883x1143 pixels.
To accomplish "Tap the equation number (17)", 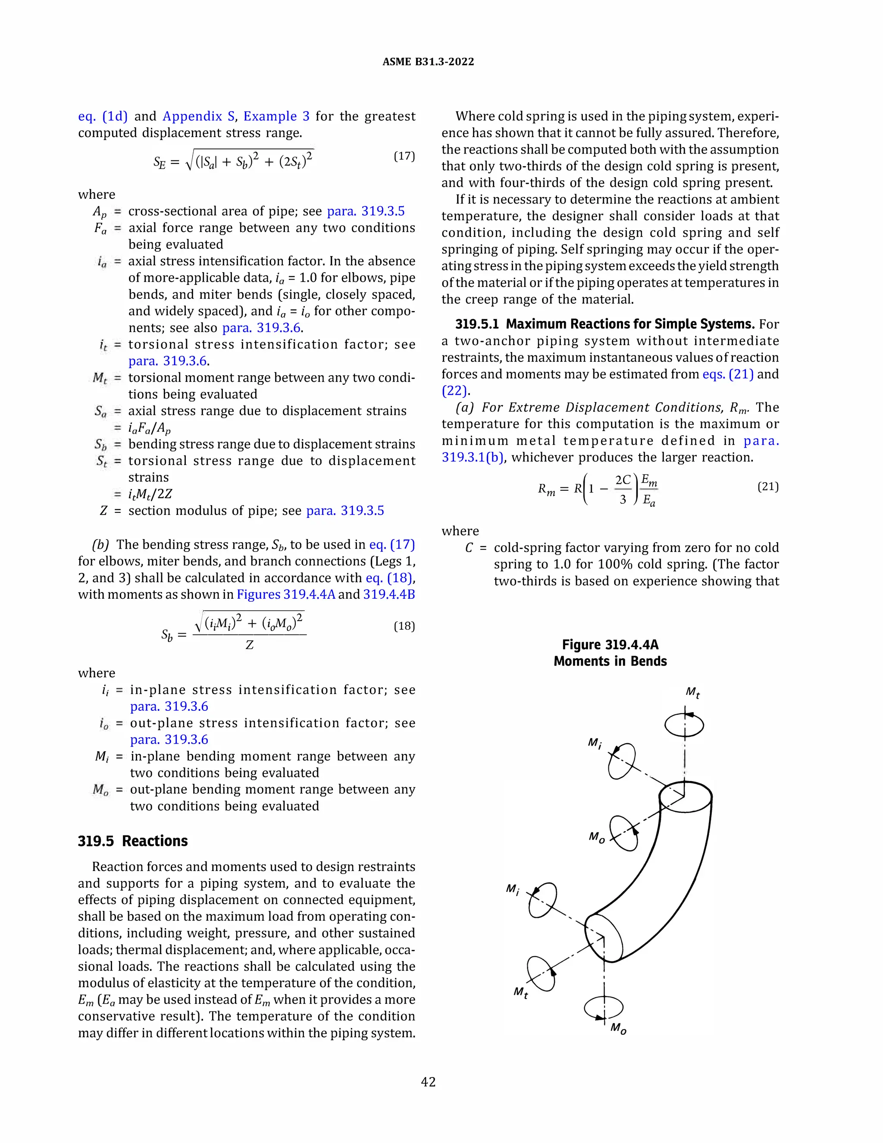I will click(x=404, y=156).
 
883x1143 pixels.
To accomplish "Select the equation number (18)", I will click(x=404, y=626).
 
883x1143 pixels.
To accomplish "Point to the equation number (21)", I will click(x=768, y=487).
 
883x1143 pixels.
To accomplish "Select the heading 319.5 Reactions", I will click(x=133, y=841).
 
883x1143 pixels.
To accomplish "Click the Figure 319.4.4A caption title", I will click(x=610, y=645).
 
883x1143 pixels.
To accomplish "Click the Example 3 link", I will click(x=276, y=116).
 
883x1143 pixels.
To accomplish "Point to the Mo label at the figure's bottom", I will click(x=618, y=1028).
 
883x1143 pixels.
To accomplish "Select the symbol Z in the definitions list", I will click(x=103, y=511).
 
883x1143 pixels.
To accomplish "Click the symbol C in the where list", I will click(x=469, y=548).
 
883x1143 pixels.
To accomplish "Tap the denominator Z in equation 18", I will click(x=250, y=645).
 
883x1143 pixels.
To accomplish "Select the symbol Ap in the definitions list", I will click(x=100, y=211).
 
